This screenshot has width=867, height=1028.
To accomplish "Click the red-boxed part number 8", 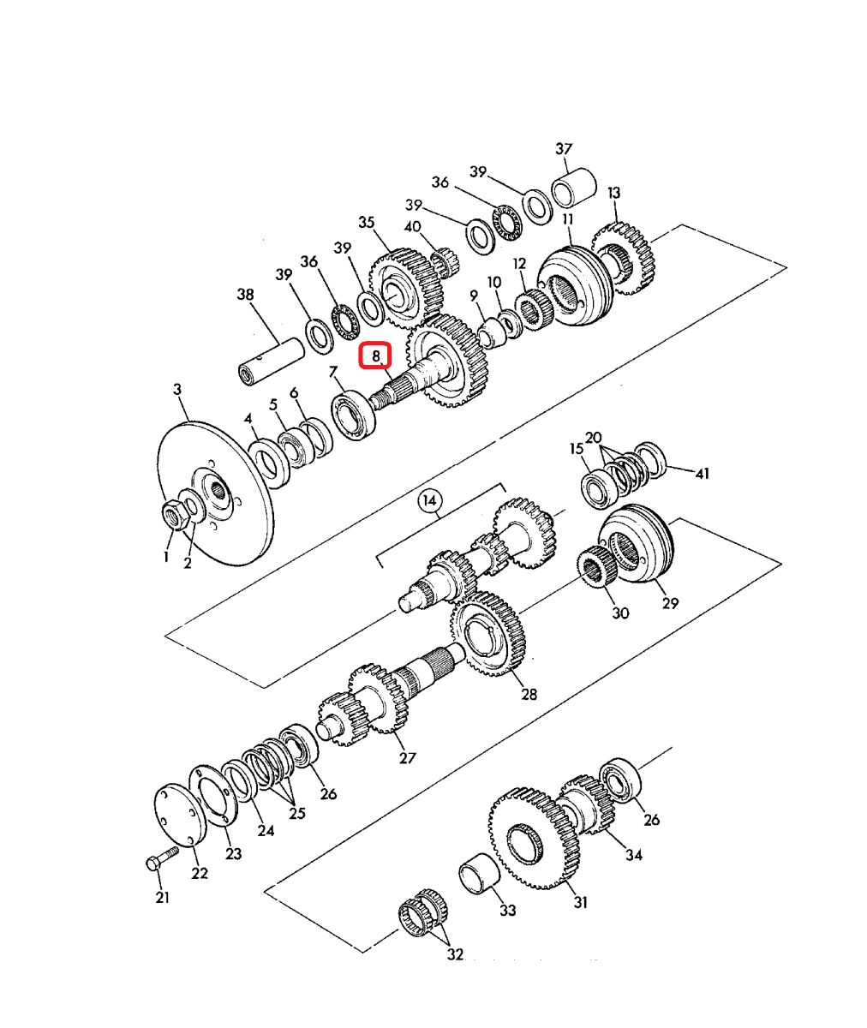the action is point(375,355).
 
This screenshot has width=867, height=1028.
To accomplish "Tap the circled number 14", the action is point(430,500).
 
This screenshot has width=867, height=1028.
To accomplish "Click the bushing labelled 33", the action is point(479,876).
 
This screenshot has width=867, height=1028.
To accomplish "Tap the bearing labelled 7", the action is point(353,414).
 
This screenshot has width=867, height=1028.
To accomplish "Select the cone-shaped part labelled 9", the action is point(493,332).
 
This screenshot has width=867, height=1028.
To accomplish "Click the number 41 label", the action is point(702,473).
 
